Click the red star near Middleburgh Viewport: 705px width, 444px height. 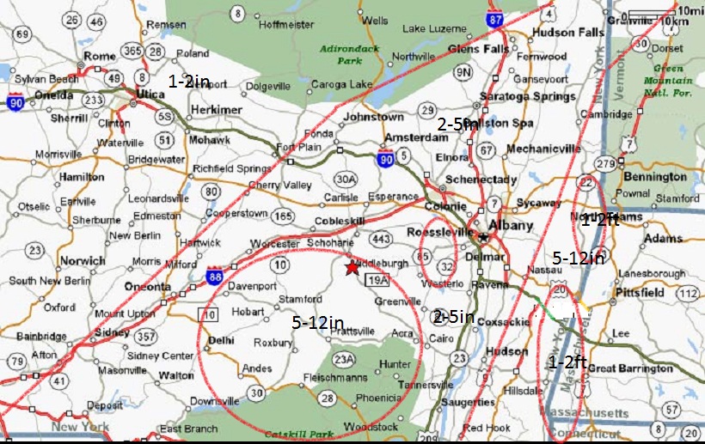click(352, 268)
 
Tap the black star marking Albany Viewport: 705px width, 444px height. click(483, 237)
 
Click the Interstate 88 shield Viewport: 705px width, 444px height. click(215, 277)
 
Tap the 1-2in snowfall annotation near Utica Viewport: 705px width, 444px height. click(189, 82)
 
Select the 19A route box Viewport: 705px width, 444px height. click(379, 279)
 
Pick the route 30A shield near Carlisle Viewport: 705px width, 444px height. click(345, 178)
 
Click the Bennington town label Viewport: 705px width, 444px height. click(655, 176)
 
